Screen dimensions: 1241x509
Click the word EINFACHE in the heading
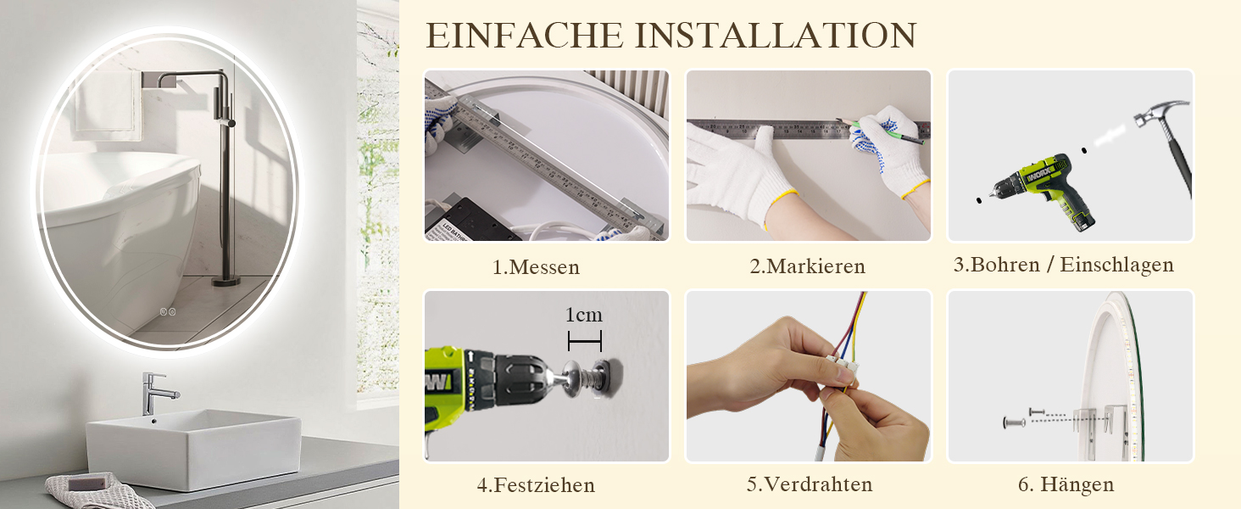tap(525, 36)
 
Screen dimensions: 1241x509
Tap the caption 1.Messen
tap(536, 267)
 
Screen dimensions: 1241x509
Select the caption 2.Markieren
tap(807, 266)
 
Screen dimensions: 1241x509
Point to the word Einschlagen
tap(1117, 265)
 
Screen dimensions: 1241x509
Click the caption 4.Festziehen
tap(536, 485)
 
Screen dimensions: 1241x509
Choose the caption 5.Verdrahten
tap(809, 484)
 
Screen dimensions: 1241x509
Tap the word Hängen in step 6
tap(1077, 484)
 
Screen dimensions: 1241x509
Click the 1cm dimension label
tap(583, 315)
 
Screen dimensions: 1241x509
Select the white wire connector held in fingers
tap(841, 370)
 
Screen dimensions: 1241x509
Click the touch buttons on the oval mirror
tap(168, 311)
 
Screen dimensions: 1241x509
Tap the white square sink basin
tap(194, 448)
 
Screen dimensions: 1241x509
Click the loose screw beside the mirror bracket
tap(1015, 422)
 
